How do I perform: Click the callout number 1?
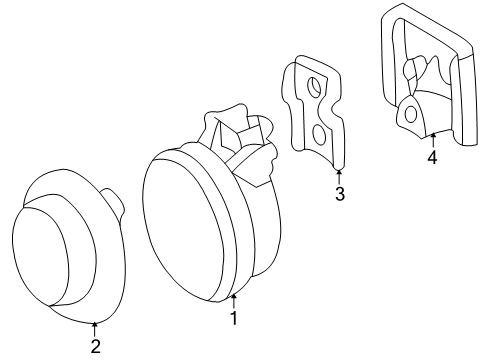click(x=234, y=319)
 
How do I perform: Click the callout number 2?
click(x=95, y=347)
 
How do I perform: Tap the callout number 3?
click(x=340, y=194)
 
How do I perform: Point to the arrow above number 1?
click(x=234, y=300)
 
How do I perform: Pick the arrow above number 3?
click(x=340, y=173)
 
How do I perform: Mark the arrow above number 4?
click(x=432, y=138)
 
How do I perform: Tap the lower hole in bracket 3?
click(x=317, y=132)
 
